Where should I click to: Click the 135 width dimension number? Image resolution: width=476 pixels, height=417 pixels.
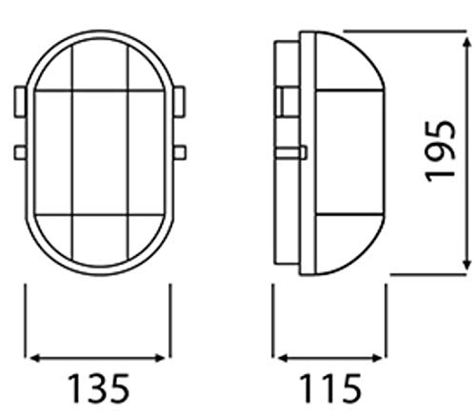pyautogui.click(x=99, y=388)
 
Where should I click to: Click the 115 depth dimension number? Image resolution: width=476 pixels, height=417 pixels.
pyautogui.click(x=329, y=388)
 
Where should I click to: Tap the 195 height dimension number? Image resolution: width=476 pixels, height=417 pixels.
pyautogui.click(x=441, y=151)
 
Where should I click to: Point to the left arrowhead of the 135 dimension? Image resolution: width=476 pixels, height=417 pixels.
pyautogui.click(x=34, y=358)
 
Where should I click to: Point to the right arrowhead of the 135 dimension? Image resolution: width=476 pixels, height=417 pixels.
pyautogui.click(x=160, y=358)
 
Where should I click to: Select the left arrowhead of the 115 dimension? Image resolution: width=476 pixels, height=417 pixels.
pyautogui.click(x=282, y=358)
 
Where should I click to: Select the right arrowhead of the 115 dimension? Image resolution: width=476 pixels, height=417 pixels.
pyautogui.click(x=377, y=358)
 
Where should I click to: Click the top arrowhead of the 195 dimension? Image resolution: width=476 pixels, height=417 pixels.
pyautogui.click(x=466, y=42)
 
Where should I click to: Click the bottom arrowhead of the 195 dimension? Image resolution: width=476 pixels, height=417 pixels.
pyautogui.click(x=466, y=265)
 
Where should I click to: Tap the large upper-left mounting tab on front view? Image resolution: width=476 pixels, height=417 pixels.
pyautogui.click(x=20, y=102)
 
